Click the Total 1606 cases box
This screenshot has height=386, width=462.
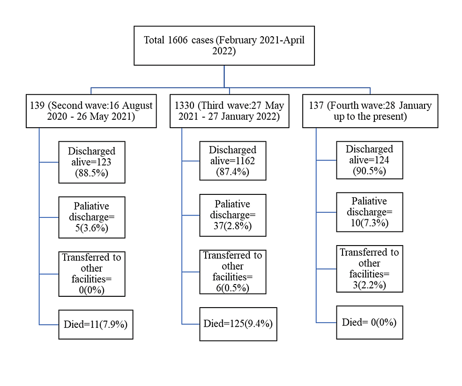[x=224, y=46]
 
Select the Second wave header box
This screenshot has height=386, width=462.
[x=91, y=111]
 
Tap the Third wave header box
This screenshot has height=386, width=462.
[x=229, y=111]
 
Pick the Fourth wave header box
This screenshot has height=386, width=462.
[x=370, y=111]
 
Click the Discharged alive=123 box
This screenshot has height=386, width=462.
[x=92, y=162]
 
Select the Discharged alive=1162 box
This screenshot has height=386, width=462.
[x=232, y=161]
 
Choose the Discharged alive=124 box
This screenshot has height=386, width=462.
[x=369, y=160]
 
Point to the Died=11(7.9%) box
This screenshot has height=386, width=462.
[x=96, y=324]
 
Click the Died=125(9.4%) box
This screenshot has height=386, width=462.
[x=238, y=324]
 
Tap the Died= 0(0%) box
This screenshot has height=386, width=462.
[x=369, y=322]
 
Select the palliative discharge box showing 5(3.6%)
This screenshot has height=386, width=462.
[x=92, y=217]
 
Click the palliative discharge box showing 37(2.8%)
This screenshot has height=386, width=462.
[x=232, y=215]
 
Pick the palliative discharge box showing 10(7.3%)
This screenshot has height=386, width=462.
[x=369, y=212]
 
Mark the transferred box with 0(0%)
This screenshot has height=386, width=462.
[x=92, y=274]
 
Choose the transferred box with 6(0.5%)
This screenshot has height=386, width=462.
[x=232, y=272]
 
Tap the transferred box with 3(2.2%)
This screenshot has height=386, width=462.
[x=369, y=269]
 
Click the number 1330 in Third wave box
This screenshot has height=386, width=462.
[x=184, y=106]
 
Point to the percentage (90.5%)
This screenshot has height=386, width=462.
[x=369, y=171]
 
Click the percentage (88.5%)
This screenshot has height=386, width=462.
[x=92, y=173]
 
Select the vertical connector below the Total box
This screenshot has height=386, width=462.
[x=224, y=76]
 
